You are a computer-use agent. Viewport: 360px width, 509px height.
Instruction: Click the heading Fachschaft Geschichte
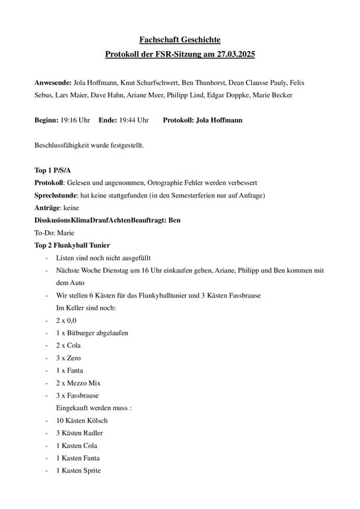180,40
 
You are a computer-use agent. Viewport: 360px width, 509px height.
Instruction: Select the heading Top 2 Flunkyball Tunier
76,245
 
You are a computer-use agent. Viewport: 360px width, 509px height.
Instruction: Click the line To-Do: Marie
54,233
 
